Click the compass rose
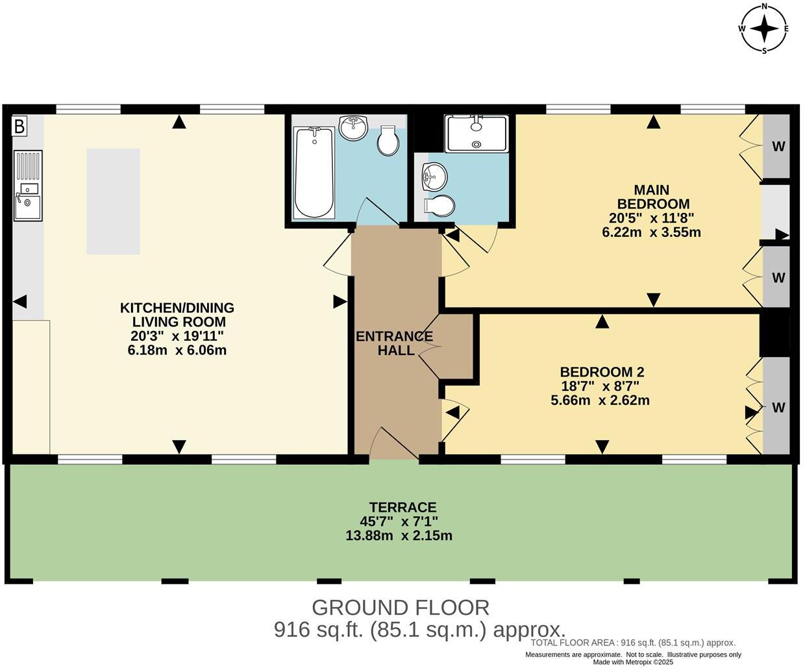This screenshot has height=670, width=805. [x=765, y=28]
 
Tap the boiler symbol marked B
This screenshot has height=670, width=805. [x=19, y=126]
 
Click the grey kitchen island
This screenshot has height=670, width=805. [x=113, y=201]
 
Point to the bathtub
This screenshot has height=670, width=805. [x=314, y=172]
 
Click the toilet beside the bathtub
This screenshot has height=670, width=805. [x=388, y=141]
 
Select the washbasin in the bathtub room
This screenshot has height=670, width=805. [x=353, y=129]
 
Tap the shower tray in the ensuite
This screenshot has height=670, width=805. [x=477, y=133]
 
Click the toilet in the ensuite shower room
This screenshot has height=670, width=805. [x=440, y=205]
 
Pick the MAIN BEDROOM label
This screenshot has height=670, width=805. [x=652, y=197]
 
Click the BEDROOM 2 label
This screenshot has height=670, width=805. [x=602, y=372]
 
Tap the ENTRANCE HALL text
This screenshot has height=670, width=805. [x=394, y=343]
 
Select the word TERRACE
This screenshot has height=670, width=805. [x=402, y=507]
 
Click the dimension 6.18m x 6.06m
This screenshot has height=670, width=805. [x=177, y=351]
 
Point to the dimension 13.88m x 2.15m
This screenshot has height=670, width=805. [x=399, y=536]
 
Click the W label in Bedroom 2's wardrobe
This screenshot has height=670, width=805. [x=778, y=408]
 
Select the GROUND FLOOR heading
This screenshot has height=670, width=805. [x=401, y=608]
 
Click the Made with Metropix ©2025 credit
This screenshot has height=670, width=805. [x=633, y=662]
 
